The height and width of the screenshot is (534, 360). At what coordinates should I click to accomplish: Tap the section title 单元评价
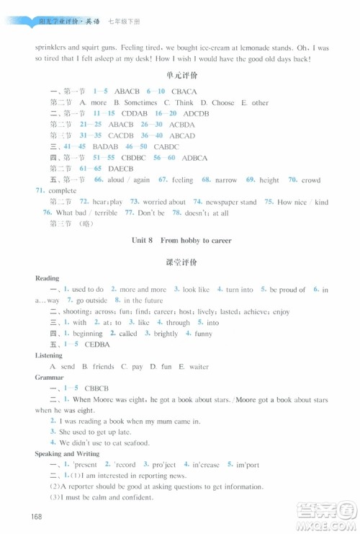[180, 75]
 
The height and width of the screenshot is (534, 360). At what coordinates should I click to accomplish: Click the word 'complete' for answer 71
[63, 190]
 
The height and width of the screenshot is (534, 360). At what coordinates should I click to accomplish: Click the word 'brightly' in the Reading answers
[166, 334]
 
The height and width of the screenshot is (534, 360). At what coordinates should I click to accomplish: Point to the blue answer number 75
[269, 202]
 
